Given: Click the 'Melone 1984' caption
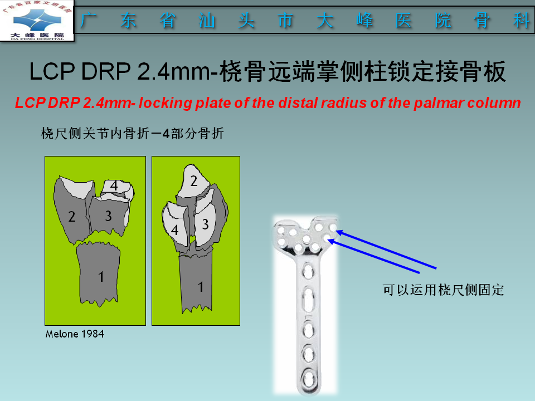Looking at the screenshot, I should click(x=74, y=334).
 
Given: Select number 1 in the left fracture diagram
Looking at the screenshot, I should click(x=100, y=277).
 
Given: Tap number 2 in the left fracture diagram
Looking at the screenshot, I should click(x=71, y=217).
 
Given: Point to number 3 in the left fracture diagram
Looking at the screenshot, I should click(x=108, y=217).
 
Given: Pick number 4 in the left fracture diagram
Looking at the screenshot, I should click(x=114, y=186).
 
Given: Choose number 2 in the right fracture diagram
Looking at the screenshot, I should click(x=193, y=180).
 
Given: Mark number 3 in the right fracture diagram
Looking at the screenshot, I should click(x=205, y=224).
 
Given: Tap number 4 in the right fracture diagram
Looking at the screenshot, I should click(x=174, y=229).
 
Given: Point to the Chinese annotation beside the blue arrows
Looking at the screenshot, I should click(x=443, y=290).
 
